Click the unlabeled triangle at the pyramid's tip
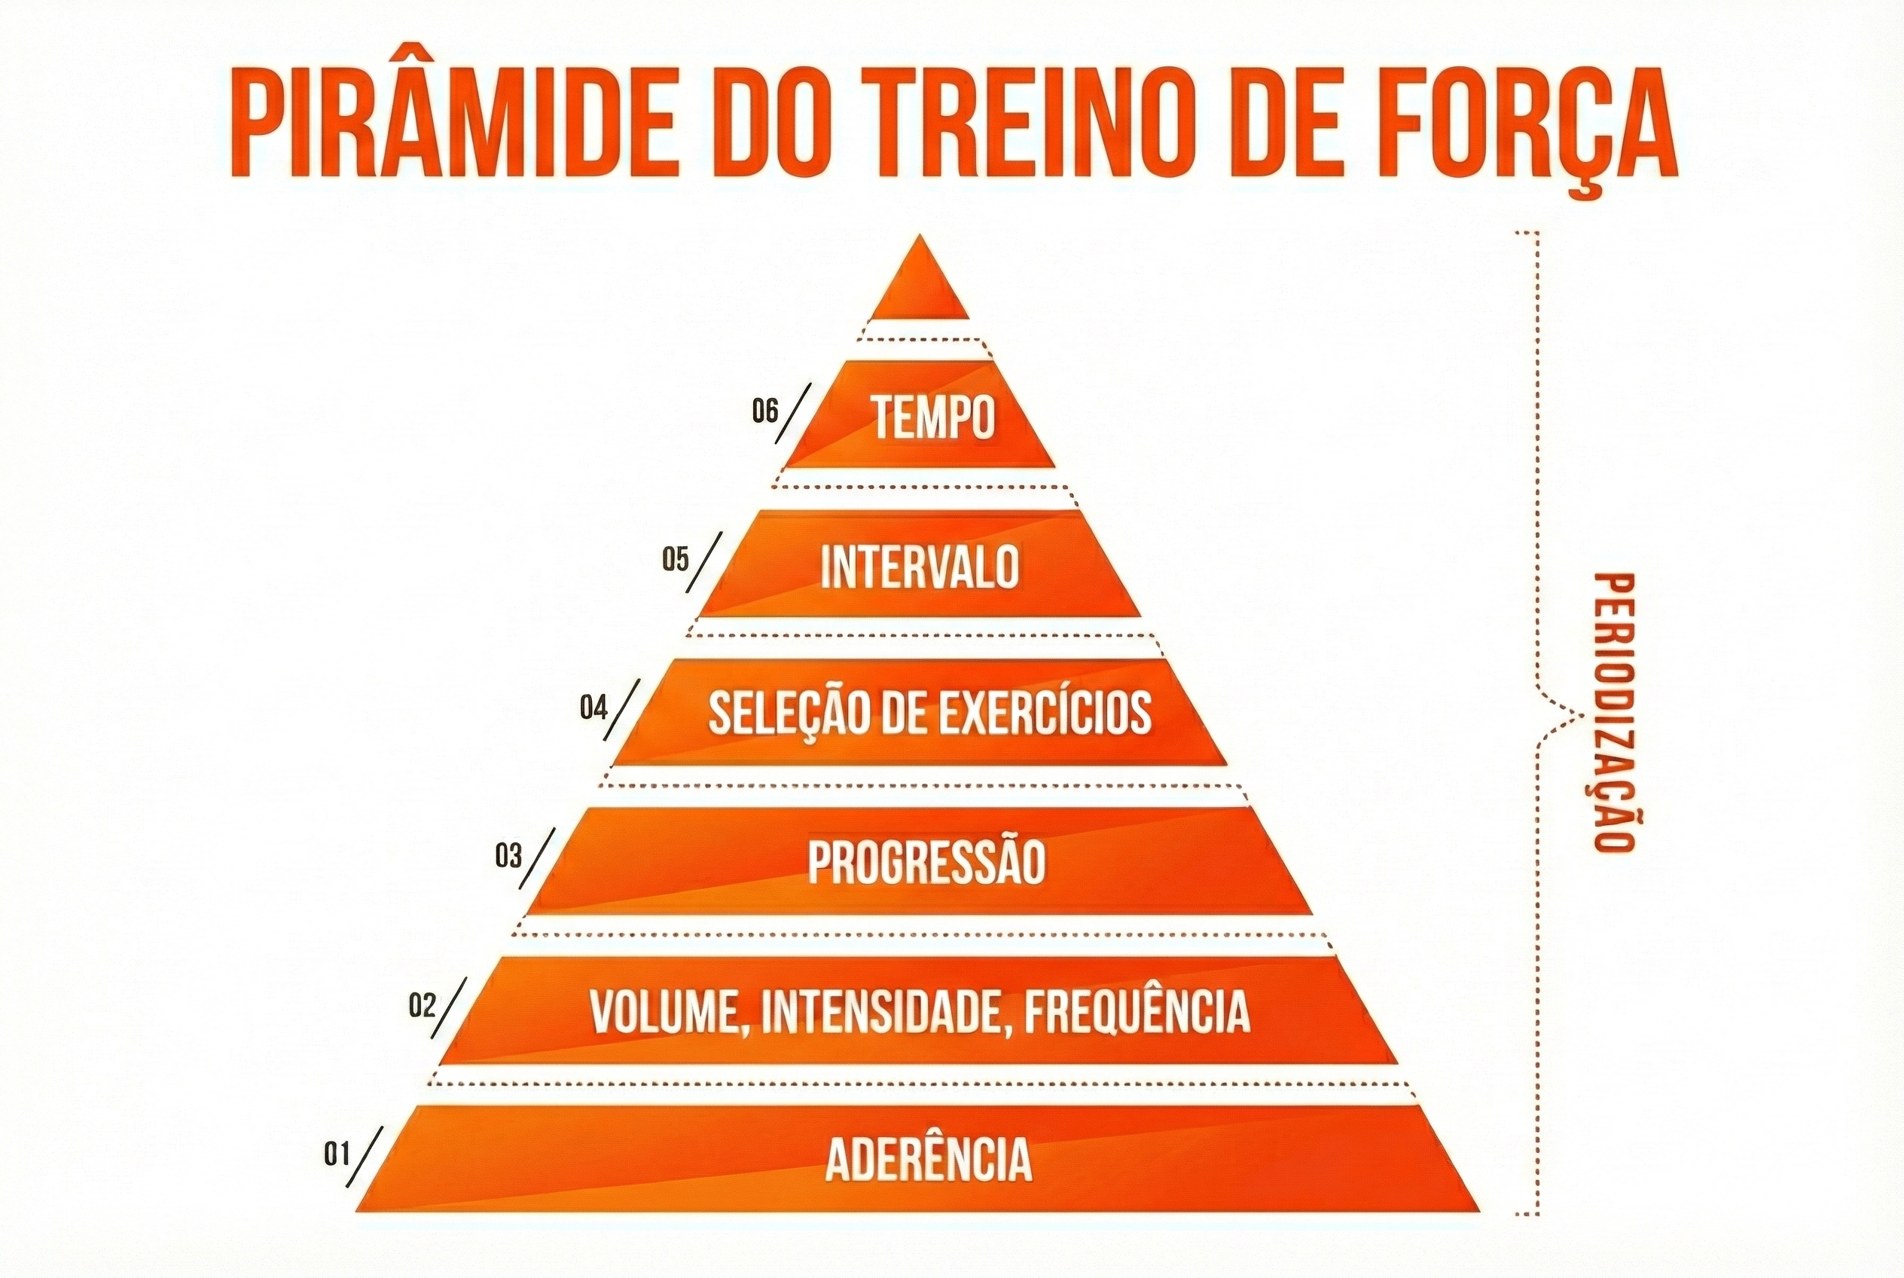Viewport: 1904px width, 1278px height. [x=920, y=280]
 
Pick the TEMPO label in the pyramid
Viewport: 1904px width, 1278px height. [x=935, y=417]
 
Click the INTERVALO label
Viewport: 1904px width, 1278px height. [x=920, y=567]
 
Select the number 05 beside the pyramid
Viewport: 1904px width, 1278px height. [x=676, y=561]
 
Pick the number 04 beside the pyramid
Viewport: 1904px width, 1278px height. [x=594, y=708]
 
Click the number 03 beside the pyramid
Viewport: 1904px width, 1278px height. [x=508, y=856]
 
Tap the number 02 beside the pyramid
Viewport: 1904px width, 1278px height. [x=423, y=1006]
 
